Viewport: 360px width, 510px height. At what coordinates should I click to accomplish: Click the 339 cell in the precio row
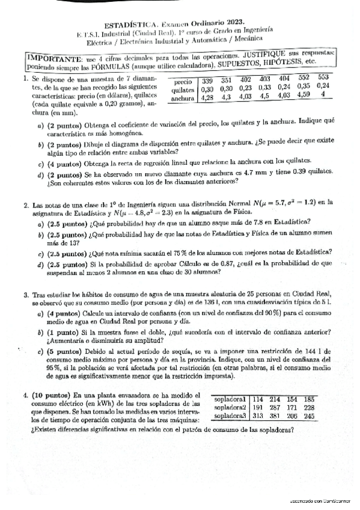[207, 81]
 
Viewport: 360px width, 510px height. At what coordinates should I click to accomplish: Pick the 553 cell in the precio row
[323, 78]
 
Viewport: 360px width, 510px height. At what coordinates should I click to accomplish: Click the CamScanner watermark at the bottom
[321, 501]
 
